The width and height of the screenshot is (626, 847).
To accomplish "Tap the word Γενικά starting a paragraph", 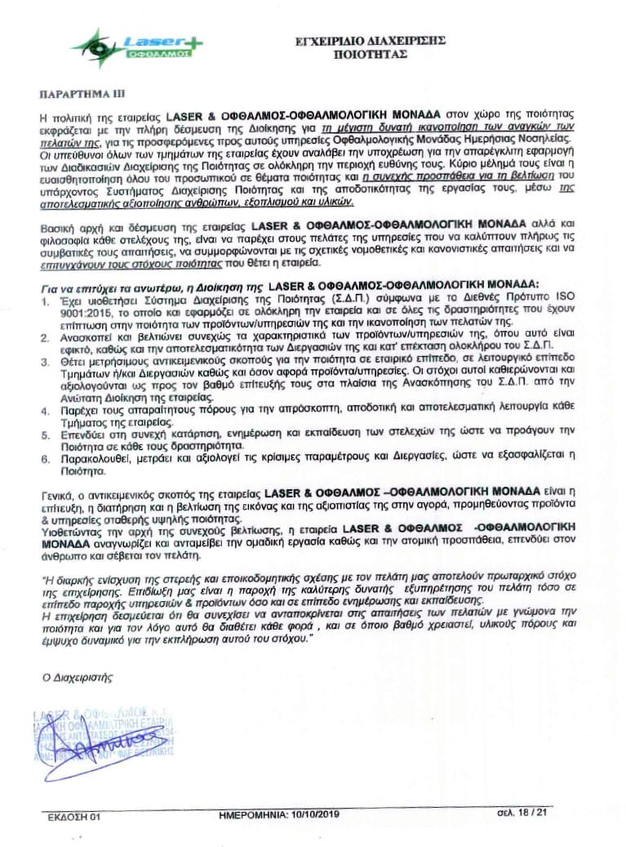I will [59, 495].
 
